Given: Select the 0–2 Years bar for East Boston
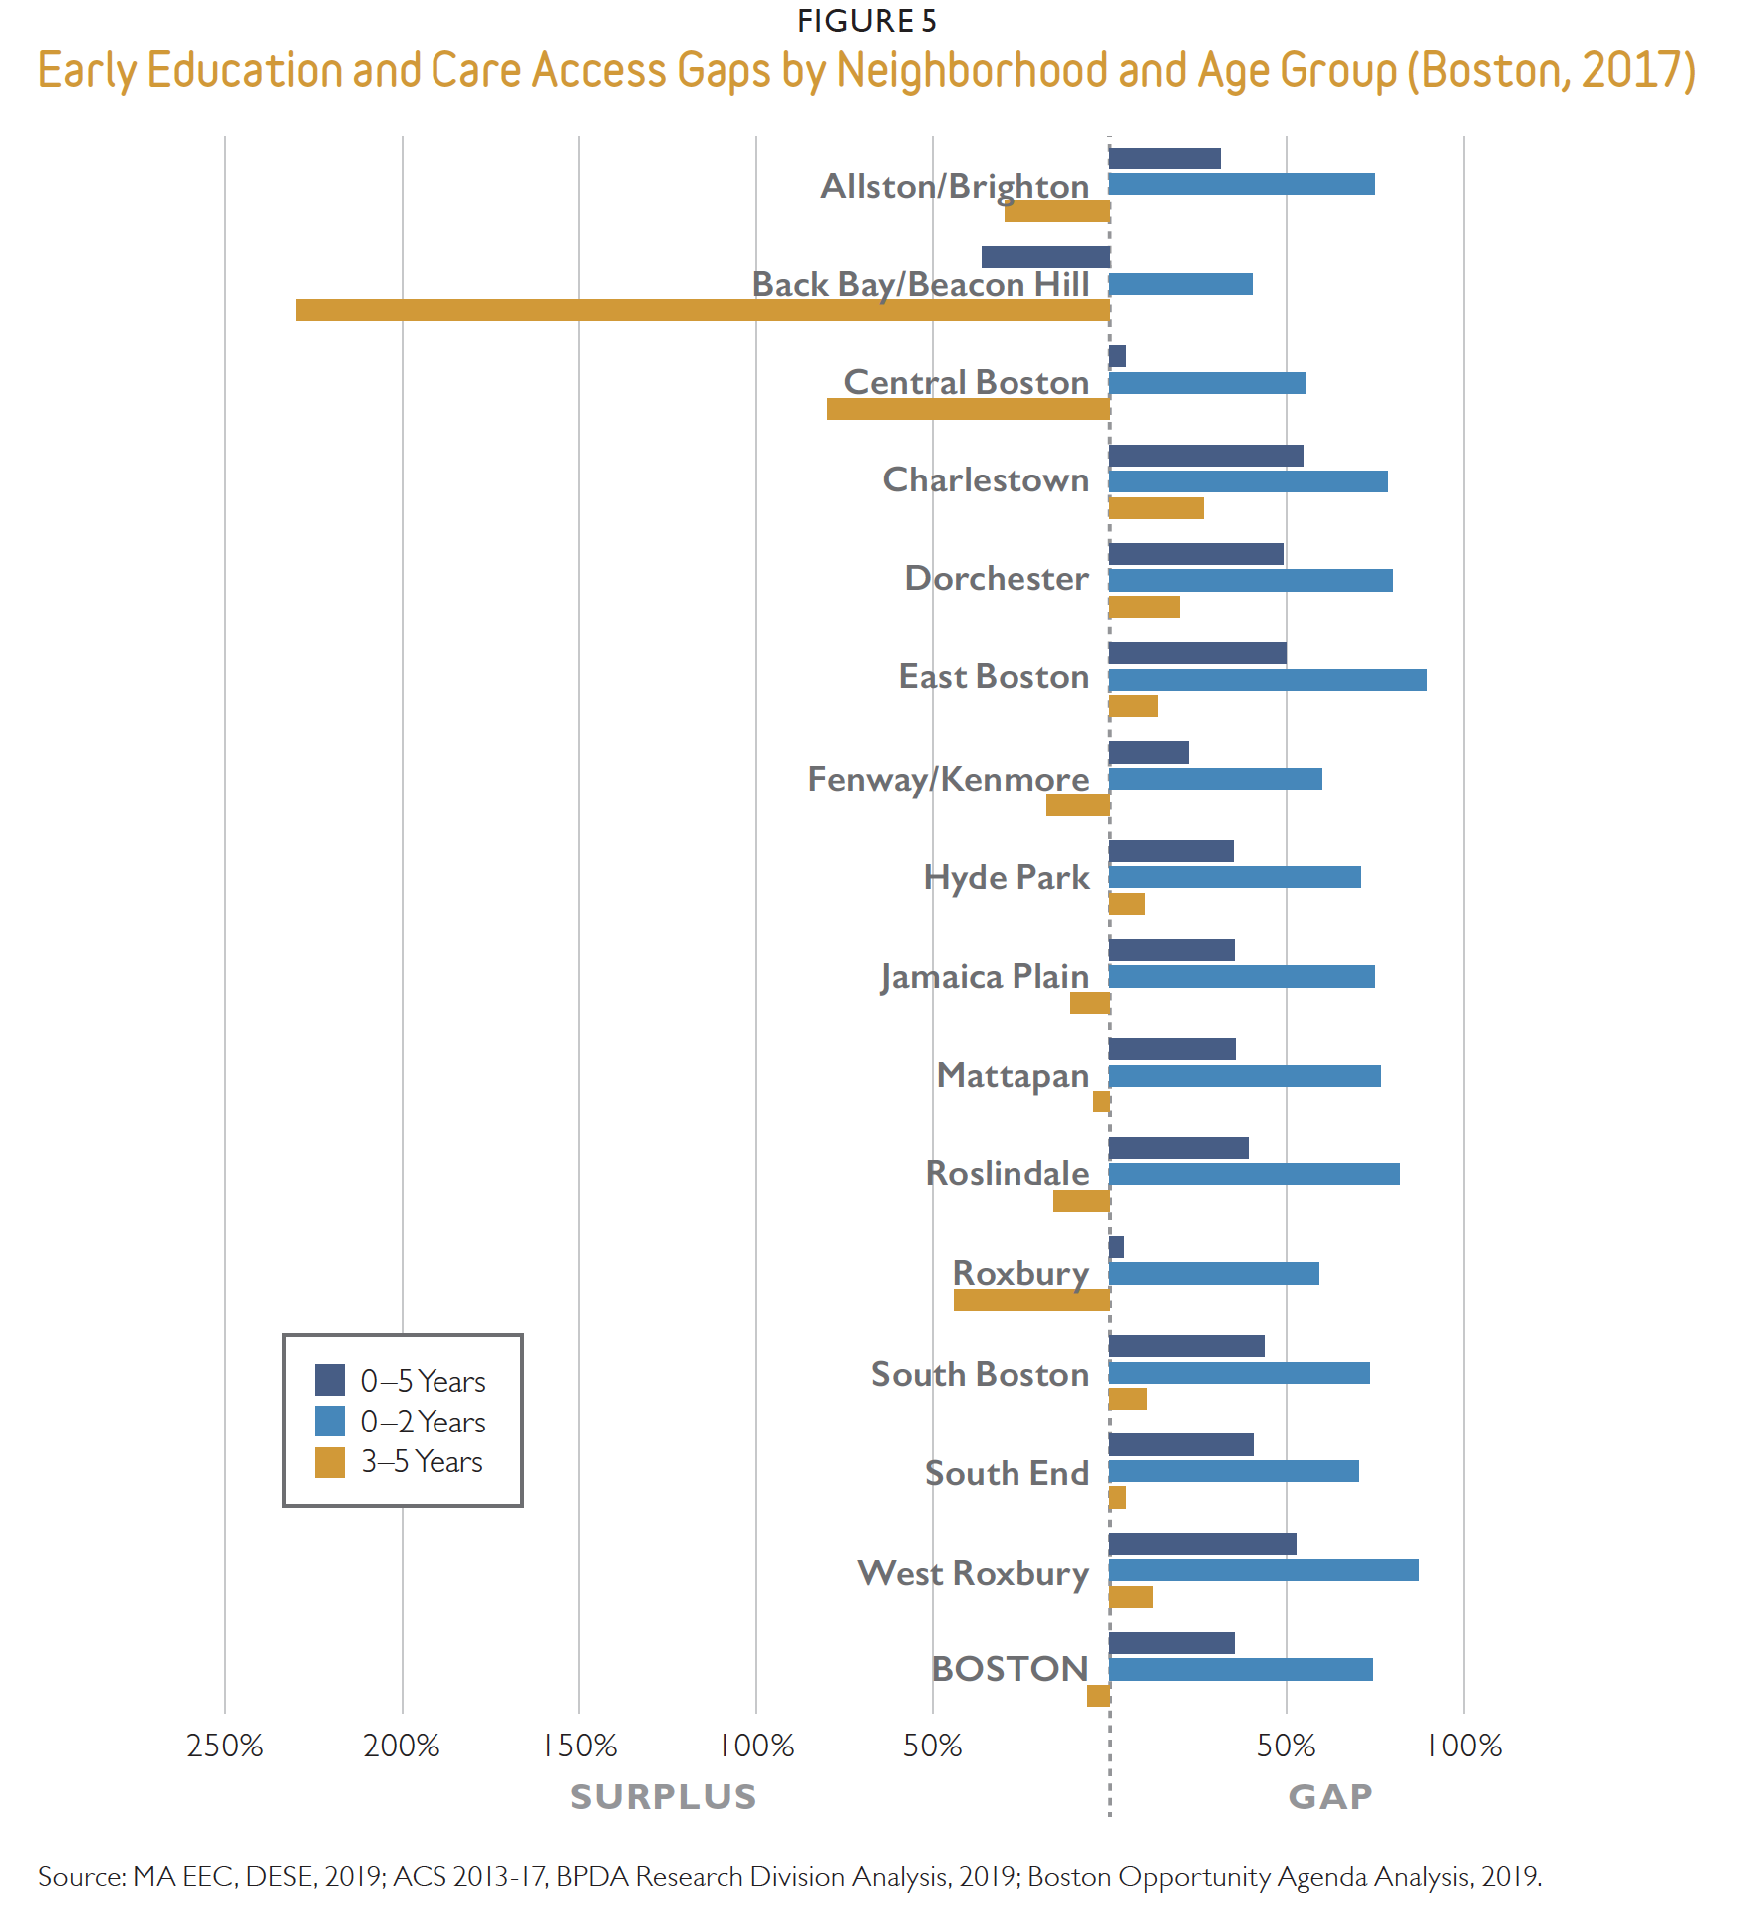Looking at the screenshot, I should (1268, 680).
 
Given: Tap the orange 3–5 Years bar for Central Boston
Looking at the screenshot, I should (968, 409).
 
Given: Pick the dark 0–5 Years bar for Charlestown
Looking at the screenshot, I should (1206, 456).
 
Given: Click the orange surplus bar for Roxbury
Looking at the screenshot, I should (1031, 1300).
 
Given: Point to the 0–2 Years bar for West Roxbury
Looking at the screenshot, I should (1264, 1570).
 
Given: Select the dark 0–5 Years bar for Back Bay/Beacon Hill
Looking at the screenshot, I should (1045, 257).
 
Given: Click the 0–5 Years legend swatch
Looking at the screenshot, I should (330, 1380).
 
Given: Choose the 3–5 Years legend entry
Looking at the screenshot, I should (422, 1462).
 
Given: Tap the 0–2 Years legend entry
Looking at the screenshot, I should (423, 1422).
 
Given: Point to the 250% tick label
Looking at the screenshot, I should (225, 1746).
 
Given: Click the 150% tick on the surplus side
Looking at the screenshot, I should (580, 1746).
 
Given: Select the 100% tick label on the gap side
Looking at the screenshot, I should (1464, 1746).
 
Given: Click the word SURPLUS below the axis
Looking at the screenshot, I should (664, 1796).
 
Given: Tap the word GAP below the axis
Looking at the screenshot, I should (1330, 1796).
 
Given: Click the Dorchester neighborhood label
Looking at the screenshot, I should (996, 578).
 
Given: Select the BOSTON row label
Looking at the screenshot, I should (1009, 1669).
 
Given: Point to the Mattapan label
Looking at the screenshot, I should (1013, 1075).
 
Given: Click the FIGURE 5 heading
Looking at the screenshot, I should (866, 21).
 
